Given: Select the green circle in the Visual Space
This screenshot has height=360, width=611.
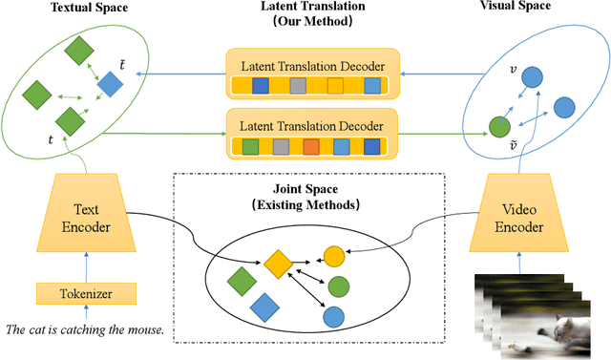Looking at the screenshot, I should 498,126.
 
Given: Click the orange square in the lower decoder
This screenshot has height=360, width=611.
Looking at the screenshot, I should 311,147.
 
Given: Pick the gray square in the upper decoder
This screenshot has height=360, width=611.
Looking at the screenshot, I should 299,87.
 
